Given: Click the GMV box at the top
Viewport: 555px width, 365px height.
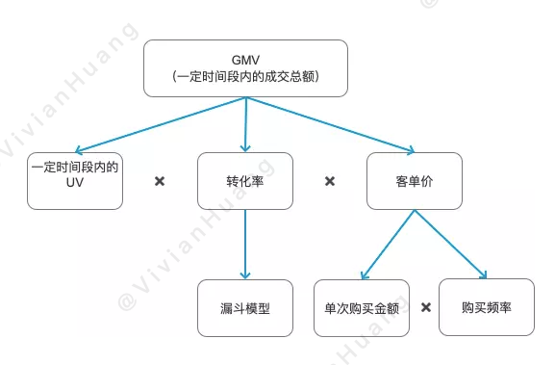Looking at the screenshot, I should [245, 67].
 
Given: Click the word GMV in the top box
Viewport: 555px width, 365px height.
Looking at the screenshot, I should [245, 59].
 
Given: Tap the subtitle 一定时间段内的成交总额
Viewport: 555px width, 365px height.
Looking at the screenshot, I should [245, 77].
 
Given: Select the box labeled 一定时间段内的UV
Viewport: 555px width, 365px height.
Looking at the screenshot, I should [75, 181].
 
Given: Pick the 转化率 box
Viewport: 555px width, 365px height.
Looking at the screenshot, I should [245, 181].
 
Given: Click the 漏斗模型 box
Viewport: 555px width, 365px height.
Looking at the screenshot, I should [245, 308].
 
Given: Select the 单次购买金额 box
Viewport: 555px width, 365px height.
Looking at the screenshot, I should [362, 308].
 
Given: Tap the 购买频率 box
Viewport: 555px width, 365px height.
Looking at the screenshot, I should [486, 308].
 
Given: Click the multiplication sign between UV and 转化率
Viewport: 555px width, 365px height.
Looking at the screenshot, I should [160, 181].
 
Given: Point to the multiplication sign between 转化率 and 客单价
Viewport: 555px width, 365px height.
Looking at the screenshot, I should [330, 181].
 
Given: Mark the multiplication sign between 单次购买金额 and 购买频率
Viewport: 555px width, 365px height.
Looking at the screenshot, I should [425, 309].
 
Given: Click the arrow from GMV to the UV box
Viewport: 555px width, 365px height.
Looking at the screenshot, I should [159, 125].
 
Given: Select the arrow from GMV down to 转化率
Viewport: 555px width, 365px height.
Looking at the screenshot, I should [246, 125].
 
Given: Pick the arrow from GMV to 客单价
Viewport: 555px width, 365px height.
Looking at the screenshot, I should [332, 125].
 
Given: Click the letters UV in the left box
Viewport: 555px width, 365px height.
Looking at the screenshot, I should [75, 190].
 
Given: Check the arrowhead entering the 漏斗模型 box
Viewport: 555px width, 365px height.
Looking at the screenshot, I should [245, 276].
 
